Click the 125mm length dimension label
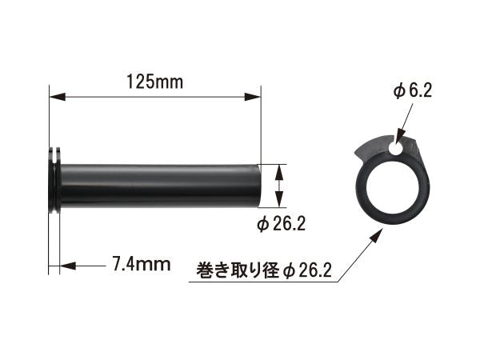point(155,82)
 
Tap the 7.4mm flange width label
point(141,264)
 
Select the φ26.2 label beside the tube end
point(282,225)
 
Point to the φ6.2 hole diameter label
point(413,91)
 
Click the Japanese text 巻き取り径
point(238,270)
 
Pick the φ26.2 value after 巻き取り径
point(307,270)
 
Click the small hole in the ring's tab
point(397,148)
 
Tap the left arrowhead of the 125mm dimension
point(58,97)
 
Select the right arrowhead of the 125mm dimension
point(252,97)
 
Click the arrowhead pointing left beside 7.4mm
point(67,266)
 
